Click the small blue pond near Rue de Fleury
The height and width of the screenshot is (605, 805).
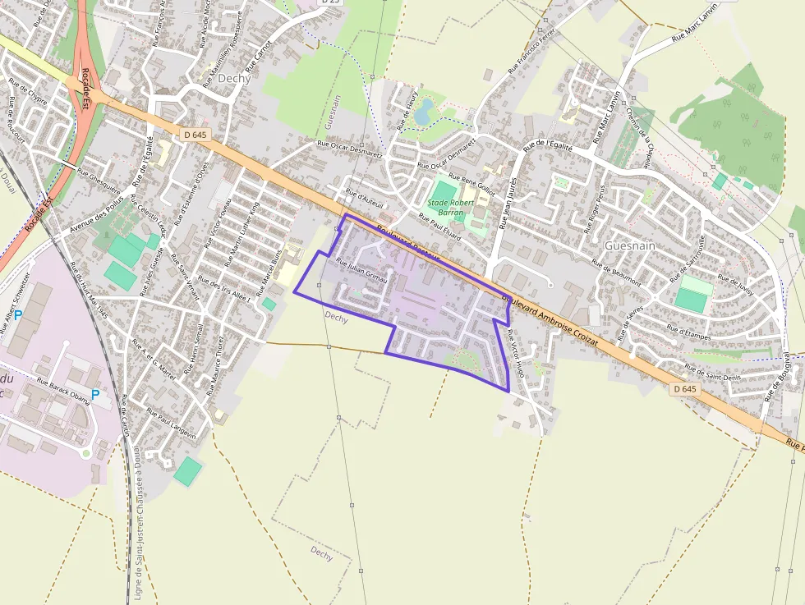point(423,112)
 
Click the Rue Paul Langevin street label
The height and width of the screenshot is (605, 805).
point(172,422)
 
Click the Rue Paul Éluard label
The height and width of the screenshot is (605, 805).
point(440,227)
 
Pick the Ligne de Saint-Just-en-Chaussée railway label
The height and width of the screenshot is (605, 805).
point(138,525)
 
